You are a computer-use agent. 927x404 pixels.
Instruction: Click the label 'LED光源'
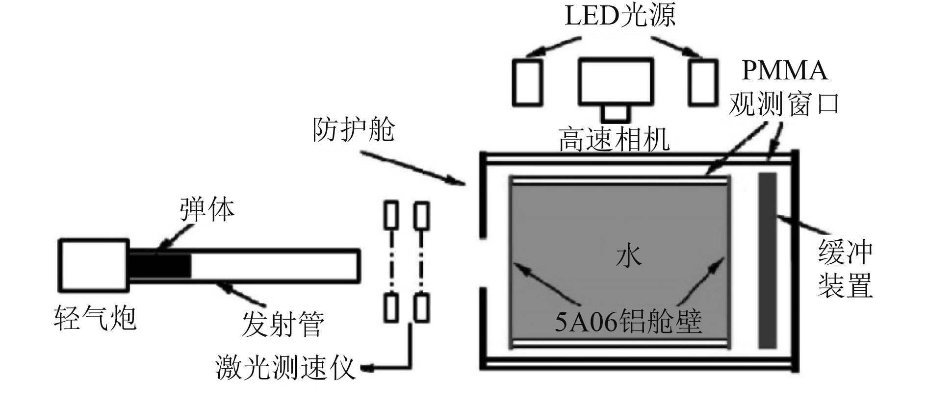point(620,16)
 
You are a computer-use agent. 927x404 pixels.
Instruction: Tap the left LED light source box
point(527,82)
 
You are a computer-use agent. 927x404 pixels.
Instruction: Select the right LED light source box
point(702,82)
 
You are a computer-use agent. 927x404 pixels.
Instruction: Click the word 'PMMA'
point(784,71)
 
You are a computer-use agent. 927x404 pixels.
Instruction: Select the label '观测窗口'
point(783,103)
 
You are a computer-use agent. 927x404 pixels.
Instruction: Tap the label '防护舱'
point(354,130)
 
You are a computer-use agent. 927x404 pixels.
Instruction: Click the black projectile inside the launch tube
point(160,265)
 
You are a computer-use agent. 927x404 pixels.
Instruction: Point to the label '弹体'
point(207,210)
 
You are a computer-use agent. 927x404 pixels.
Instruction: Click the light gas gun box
point(94,265)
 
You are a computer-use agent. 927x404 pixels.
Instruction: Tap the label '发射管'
point(283,324)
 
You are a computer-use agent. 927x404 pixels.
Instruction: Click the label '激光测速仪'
point(284,368)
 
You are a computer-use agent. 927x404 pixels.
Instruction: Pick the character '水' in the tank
point(628,256)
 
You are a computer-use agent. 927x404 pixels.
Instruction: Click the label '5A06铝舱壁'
point(628,322)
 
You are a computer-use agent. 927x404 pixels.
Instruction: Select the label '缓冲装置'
point(845,269)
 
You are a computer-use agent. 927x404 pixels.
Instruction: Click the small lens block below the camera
point(616,113)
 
